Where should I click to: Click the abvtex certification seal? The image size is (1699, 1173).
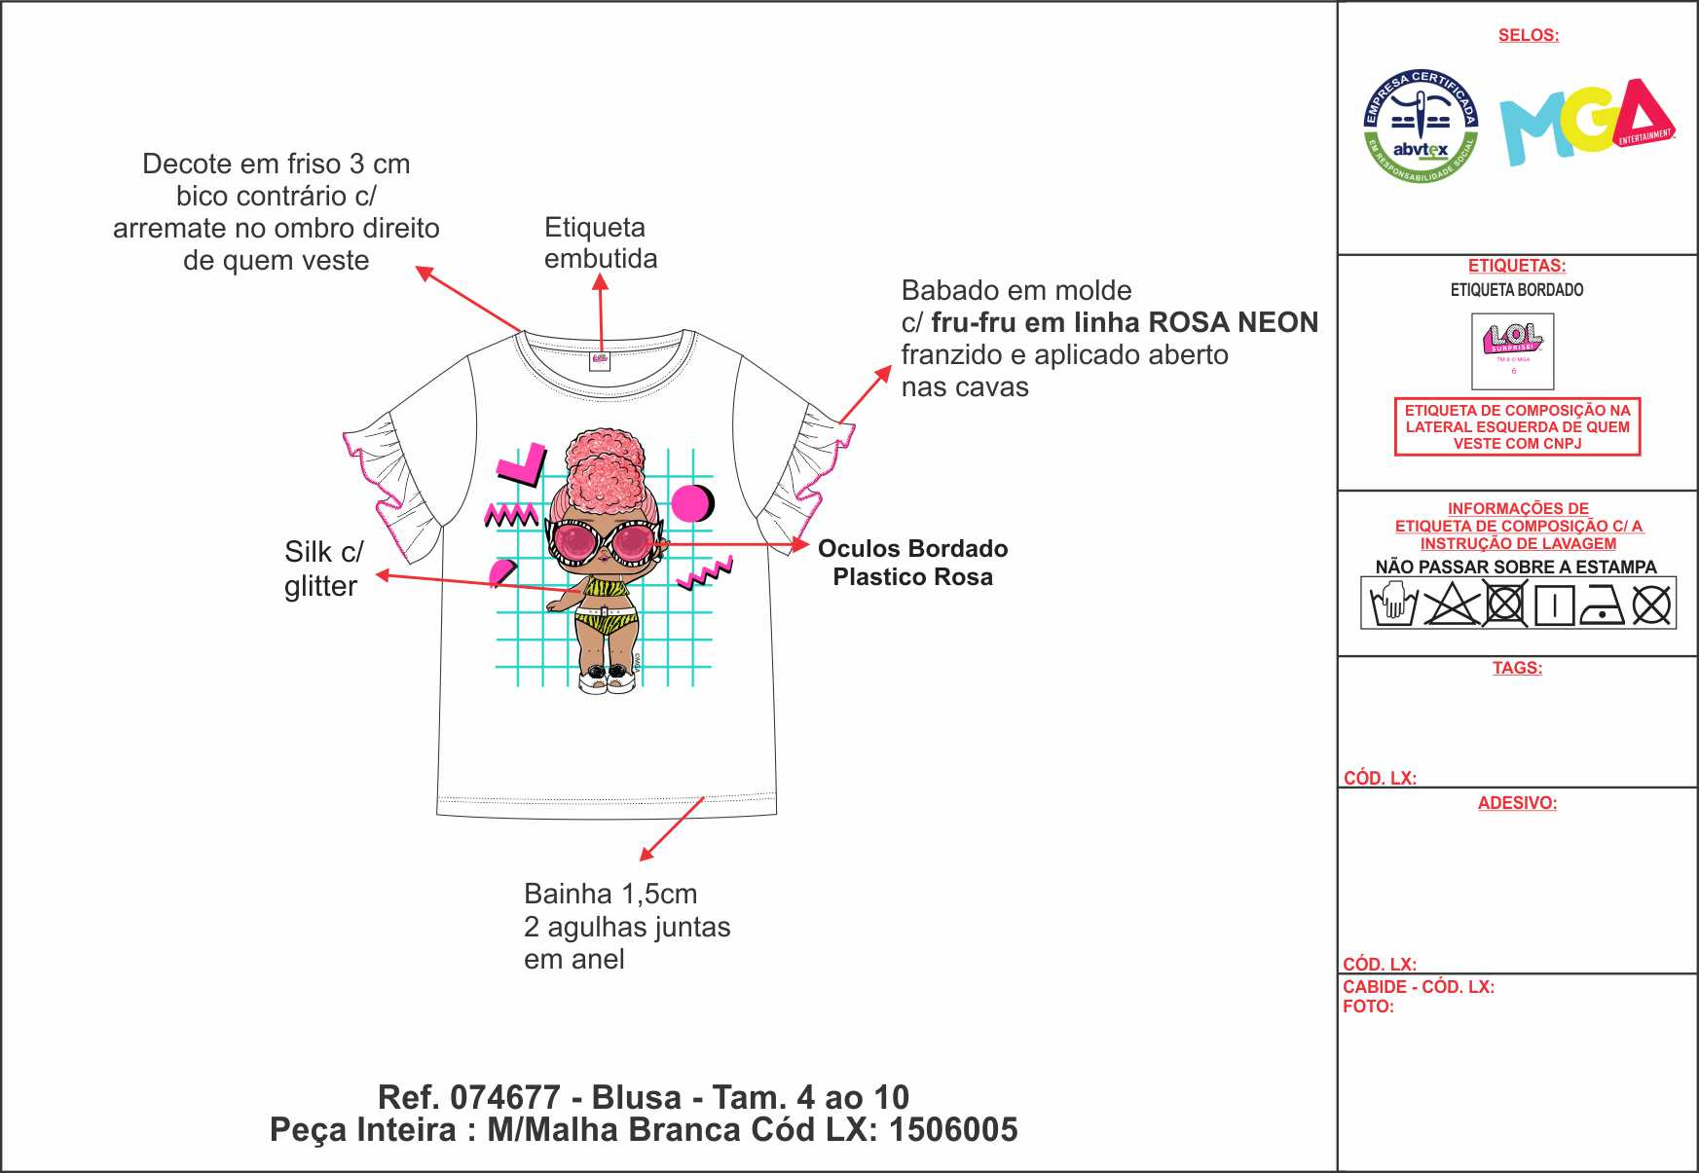1421,127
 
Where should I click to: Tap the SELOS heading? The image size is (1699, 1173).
1528,35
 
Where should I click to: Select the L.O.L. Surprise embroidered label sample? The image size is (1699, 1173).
1512,350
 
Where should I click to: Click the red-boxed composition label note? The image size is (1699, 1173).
1517,426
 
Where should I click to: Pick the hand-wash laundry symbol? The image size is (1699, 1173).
1392,604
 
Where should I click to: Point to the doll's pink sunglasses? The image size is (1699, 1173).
605,541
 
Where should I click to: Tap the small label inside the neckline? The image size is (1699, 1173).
600,360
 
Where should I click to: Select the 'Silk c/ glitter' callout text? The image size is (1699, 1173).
322,568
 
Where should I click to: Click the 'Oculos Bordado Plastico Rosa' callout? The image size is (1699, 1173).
912,563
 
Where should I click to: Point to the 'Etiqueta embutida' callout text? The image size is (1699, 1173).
600,242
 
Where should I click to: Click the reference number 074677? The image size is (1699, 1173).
504,1097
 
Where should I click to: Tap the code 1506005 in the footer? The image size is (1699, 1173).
953,1130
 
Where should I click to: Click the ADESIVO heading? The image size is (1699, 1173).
1517,803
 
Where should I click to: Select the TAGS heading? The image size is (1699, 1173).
1517,668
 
